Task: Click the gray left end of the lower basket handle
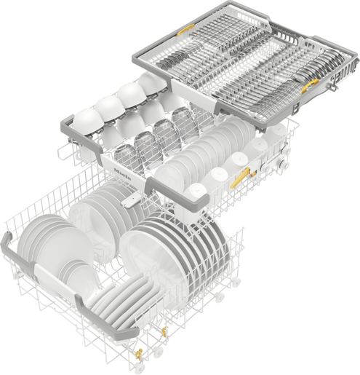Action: click(x=9, y=244)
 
